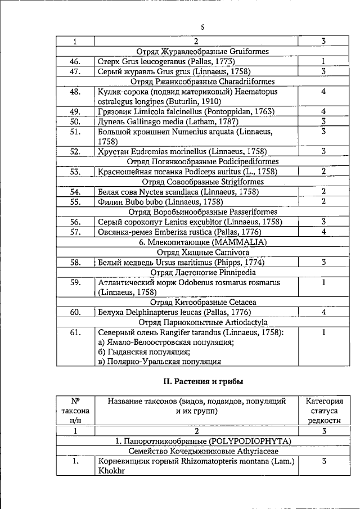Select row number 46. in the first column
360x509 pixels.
coord(75,61)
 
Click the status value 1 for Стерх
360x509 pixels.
coord(323,61)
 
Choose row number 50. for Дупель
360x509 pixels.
coord(75,121)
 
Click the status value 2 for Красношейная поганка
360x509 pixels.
coord(323,172)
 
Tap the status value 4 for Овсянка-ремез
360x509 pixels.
coord(323,232)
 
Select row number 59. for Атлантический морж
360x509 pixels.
coord(75,282)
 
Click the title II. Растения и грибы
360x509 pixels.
coord(202,382)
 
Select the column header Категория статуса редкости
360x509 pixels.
coord(323,411)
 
